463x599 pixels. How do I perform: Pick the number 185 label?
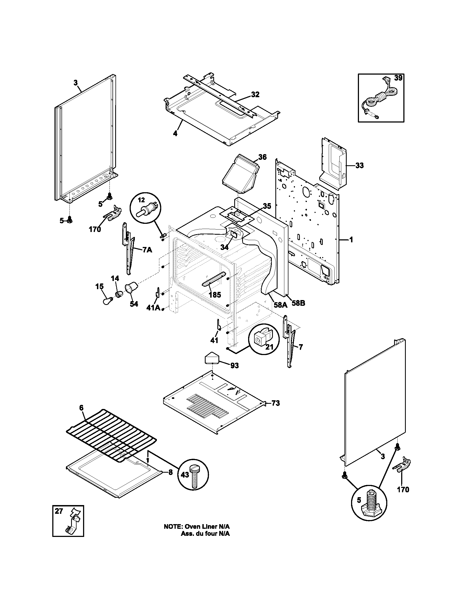tap(215, 295)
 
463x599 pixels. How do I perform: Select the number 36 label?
tap(262, 157)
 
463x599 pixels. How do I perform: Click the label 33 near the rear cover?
tap(359, 165)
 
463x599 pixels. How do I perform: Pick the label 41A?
tap(153, 308)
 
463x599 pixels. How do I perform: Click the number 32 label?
tap(255, 95)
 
